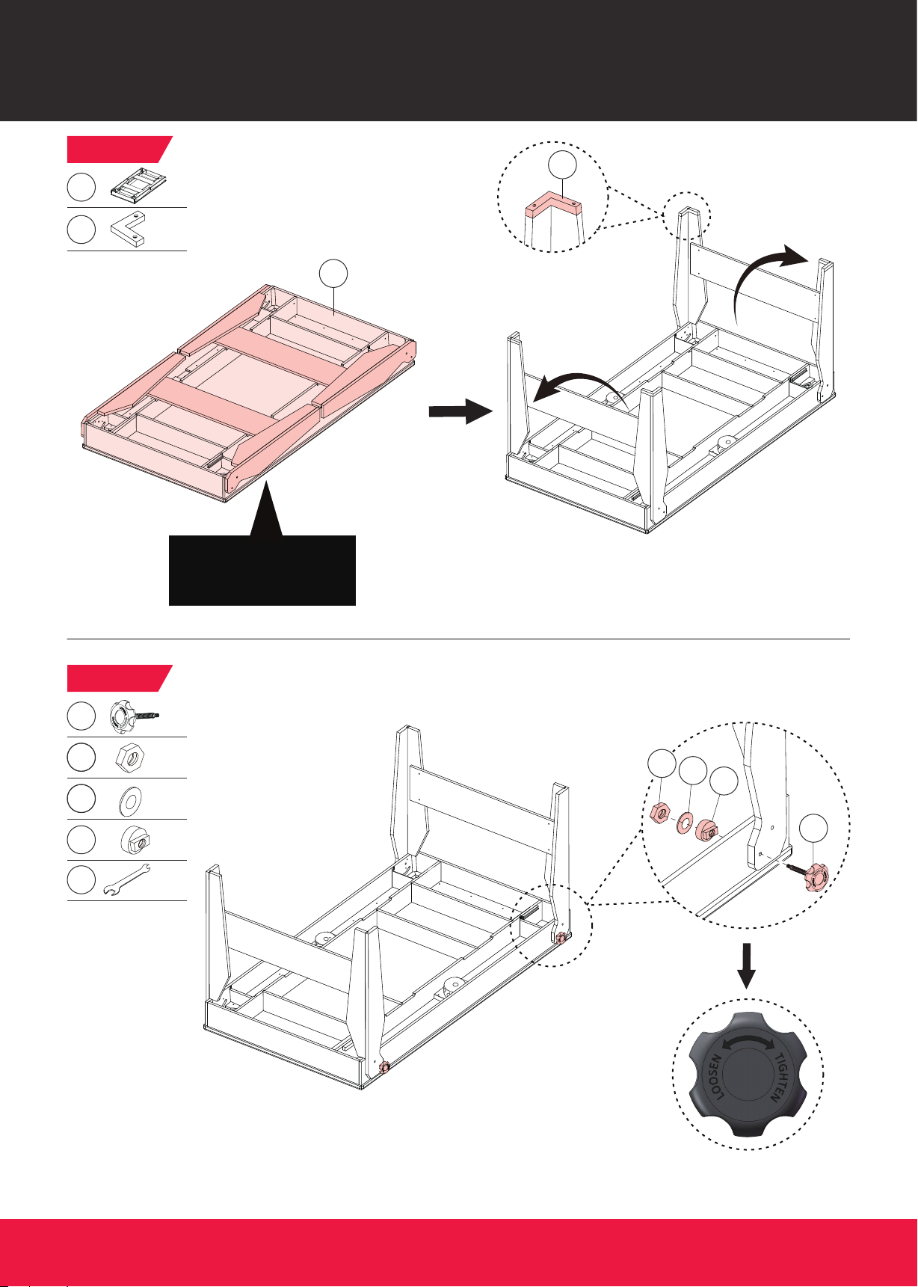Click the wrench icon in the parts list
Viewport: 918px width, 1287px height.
126,879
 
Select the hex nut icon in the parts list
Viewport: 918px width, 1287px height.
130,758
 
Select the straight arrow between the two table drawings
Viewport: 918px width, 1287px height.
459,411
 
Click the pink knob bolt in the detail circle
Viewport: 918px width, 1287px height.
808,873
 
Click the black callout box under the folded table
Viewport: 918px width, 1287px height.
262,570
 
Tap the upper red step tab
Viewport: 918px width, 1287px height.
120,149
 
